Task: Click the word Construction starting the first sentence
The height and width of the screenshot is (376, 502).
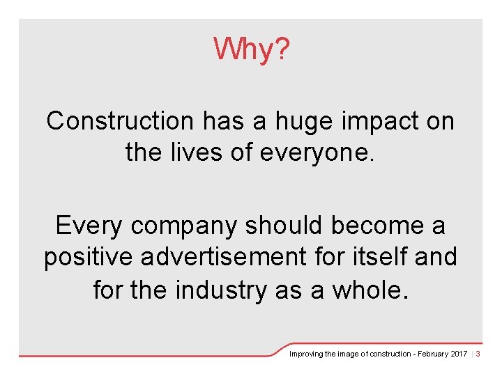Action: click(120, 121)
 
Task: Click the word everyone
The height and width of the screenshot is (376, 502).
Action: click(318, 152)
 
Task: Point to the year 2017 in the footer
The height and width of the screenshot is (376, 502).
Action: click(459, 354)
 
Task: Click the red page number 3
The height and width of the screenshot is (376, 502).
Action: click(478, 354)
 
